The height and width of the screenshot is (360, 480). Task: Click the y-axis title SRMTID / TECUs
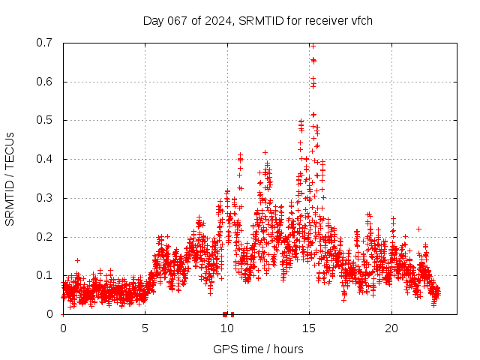(10, 178)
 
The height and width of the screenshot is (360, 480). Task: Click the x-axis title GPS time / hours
(258, 349)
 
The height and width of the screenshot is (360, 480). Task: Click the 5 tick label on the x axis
(145, 328)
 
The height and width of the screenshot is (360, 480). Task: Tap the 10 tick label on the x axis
(227, 328)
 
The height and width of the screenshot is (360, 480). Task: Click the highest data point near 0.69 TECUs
(313, 46)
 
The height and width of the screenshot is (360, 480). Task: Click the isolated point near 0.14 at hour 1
(77, 260)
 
